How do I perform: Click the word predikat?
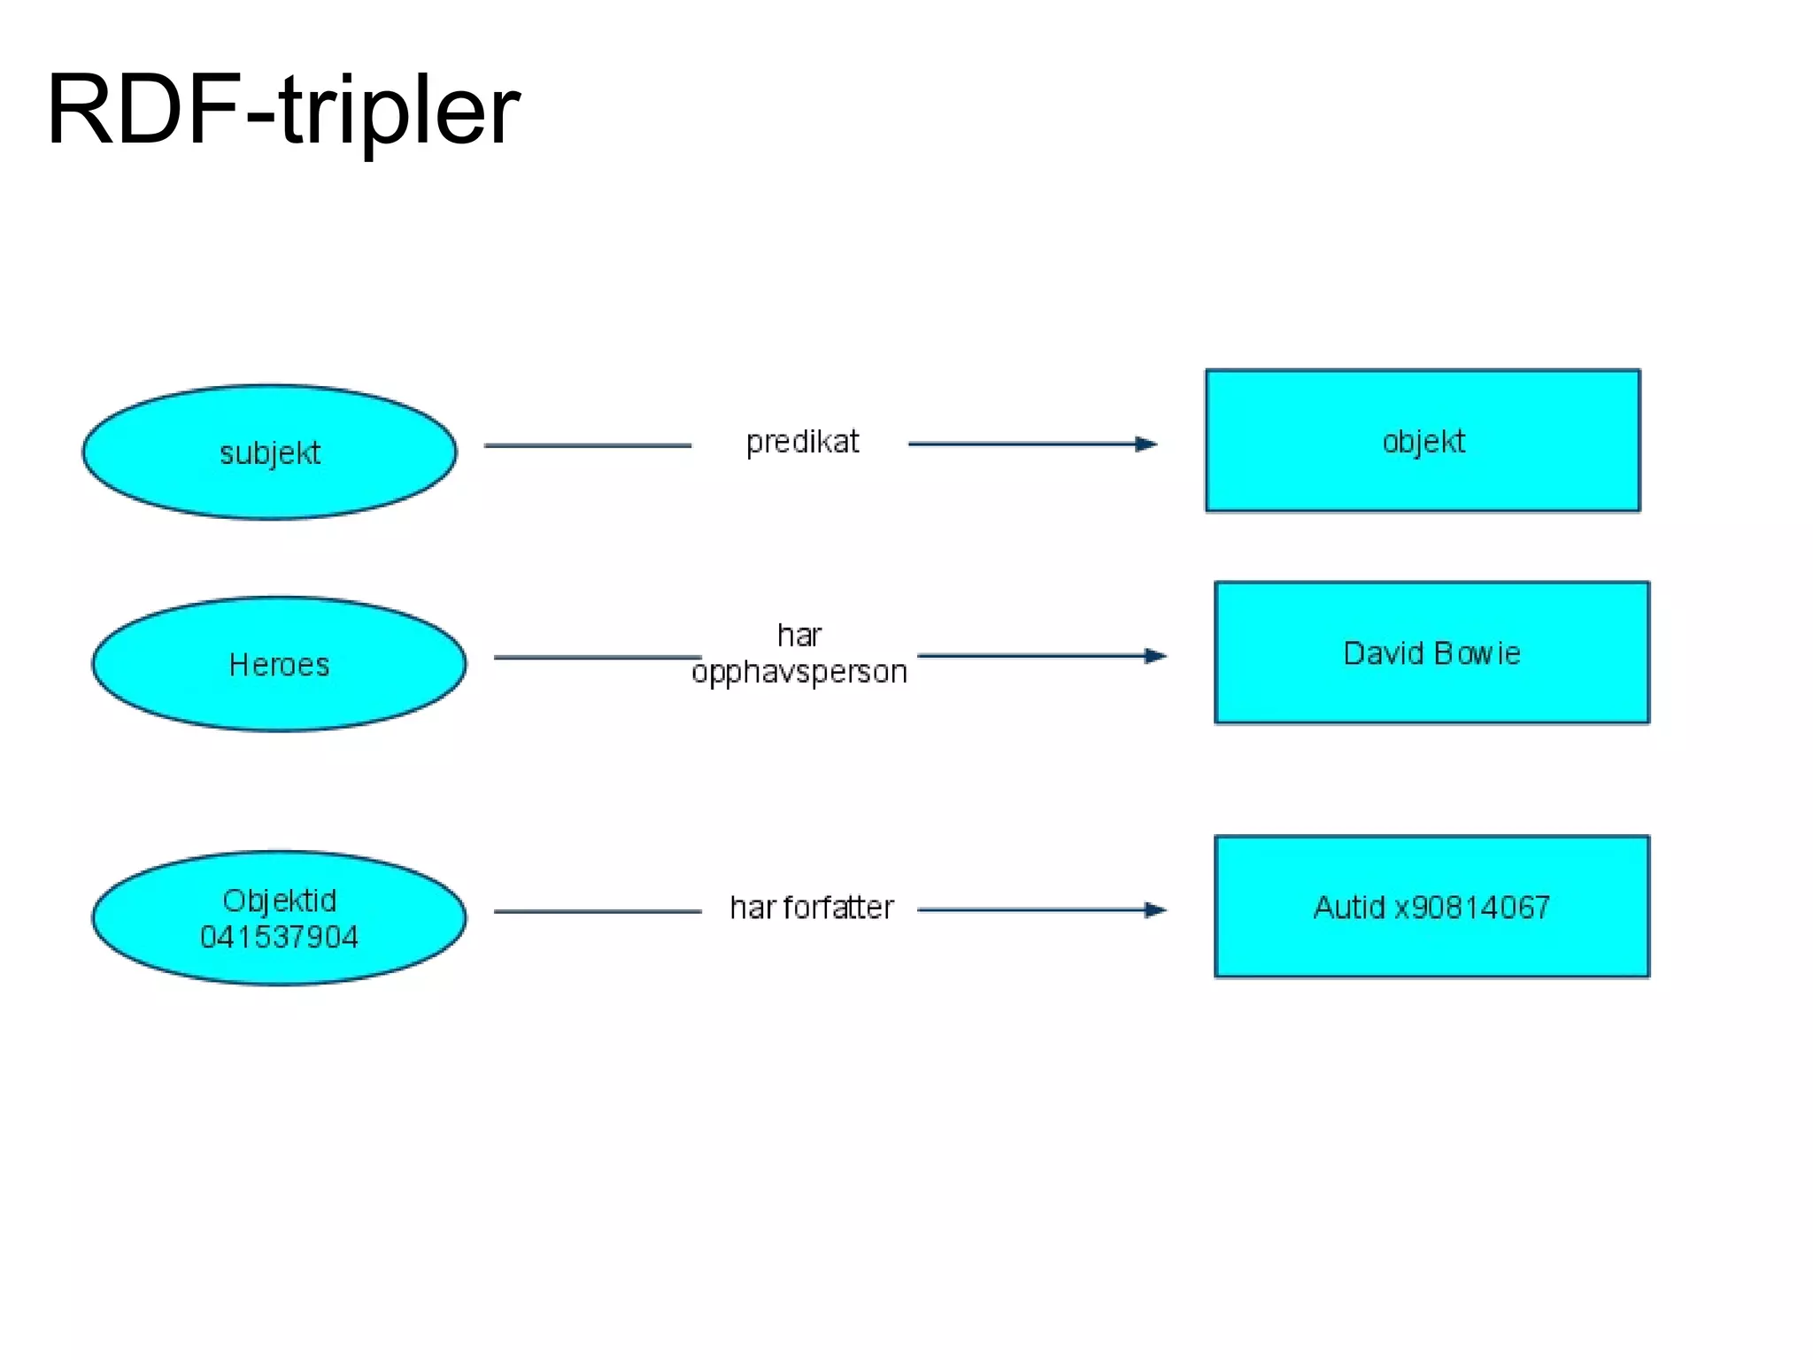(802, 441)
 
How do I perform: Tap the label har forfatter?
(812, 908)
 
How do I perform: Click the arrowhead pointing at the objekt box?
(1147, 444)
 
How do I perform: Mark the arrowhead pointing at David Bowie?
(1156, 656)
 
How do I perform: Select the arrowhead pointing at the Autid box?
(1156, 909)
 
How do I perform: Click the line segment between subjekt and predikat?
(587, 445)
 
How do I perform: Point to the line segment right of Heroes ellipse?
(597, 657)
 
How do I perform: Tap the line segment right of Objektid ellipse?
(597, 911)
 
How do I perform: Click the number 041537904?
(279, 937)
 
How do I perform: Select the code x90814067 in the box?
(1472, 908)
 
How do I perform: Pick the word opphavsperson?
(799, 672)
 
